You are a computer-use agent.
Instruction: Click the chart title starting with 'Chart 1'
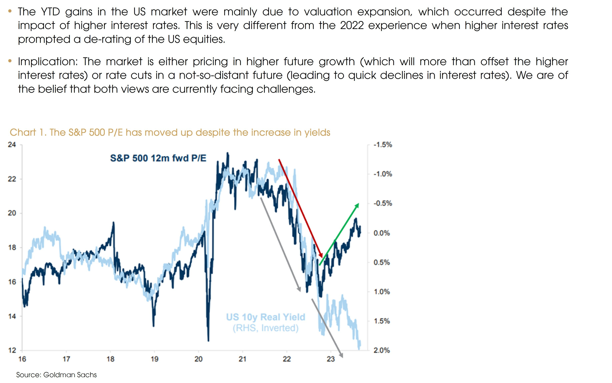(x=170, y=132)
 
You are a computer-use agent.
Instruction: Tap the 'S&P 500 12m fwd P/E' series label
(x=158, y=158)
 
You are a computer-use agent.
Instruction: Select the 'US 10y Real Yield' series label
(x=265, y=317)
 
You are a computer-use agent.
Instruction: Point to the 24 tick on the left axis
(x=12, y=145)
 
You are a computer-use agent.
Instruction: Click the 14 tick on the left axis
(x=12, y=316)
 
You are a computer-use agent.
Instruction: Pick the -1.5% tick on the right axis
(x=382, y=145)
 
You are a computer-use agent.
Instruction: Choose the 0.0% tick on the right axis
(x=381, y=233)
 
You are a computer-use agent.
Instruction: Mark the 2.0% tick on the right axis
(x=381, y=350)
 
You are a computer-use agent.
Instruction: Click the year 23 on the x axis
(x=331, y=359)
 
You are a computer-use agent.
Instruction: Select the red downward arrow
(x=300, y=208)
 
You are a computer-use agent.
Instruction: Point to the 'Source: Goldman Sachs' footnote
(x=57, y=375)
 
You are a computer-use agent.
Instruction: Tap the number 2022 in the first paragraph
(x=352, y=25)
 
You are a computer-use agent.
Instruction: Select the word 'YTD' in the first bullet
(x=50, y=12)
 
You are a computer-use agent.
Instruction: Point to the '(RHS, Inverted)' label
(x=265, y=328)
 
